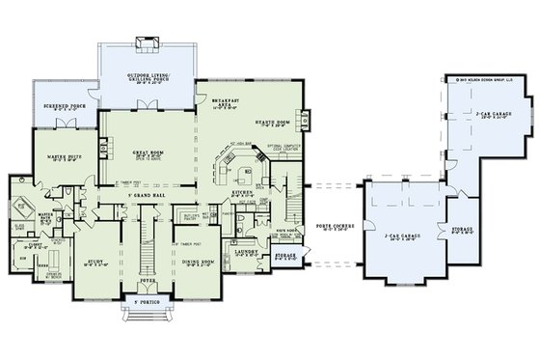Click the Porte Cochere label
333,230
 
